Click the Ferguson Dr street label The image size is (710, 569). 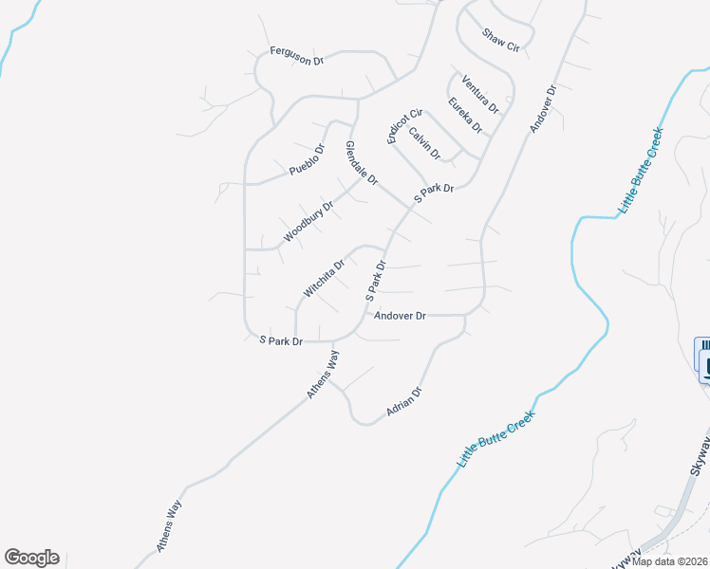click(297, 55)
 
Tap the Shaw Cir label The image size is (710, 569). click(501, 40)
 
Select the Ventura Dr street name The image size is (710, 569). click(479, 90)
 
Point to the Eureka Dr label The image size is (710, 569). click(466, 116)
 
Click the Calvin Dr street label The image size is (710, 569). click(425, 143)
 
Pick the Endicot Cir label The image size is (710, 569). click(403, 125)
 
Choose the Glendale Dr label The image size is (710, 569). click(362, 163)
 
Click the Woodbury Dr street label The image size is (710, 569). click(308, 221)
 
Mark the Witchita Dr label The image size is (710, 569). click(323, 279)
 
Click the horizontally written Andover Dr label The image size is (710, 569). click(401, 316)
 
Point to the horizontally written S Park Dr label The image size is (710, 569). click(281, 341)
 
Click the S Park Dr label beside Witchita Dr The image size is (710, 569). click(377, 281)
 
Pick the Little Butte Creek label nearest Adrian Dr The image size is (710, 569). click(497, 438)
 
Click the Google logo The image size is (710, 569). click(31, 558)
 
